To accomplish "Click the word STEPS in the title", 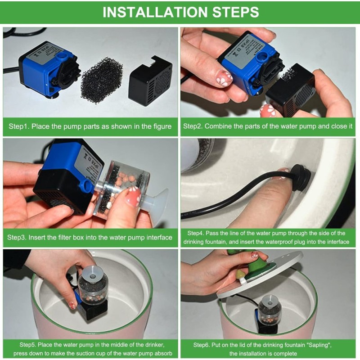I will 234,12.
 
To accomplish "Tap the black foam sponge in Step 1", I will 101,80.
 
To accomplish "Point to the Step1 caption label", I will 19,126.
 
